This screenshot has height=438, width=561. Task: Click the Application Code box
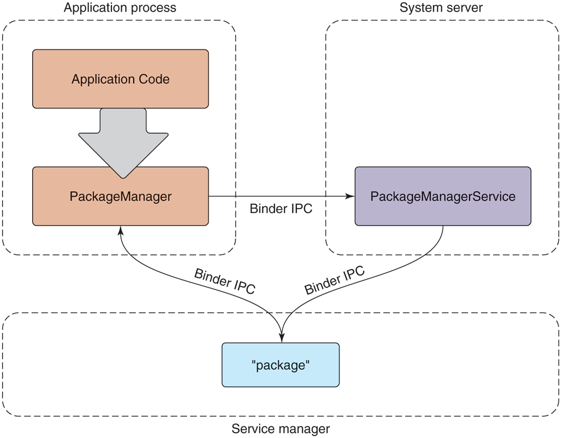click(x=120, y=79)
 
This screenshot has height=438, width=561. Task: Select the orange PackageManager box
click(x=120, y=196)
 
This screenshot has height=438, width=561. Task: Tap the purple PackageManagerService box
click(x=442, y=196)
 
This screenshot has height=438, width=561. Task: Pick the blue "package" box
click(x=280, y=365)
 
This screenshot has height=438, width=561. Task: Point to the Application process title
click(x=120, y=8)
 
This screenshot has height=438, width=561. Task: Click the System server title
click(x=441, y=8)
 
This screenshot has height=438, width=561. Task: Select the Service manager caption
click(x=280, y=429)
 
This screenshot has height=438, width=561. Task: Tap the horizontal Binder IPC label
click(x=281, y=209)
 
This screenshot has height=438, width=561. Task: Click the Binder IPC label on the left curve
click(x=224, y=281)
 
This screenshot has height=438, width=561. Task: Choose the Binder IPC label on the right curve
click(x=335, y=281)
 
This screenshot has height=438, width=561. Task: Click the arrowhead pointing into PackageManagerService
click(x=350, y=196)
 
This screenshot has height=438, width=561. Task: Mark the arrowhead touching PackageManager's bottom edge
click(x=120, y=230)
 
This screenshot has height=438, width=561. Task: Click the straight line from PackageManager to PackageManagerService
click(x=277, y=196)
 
